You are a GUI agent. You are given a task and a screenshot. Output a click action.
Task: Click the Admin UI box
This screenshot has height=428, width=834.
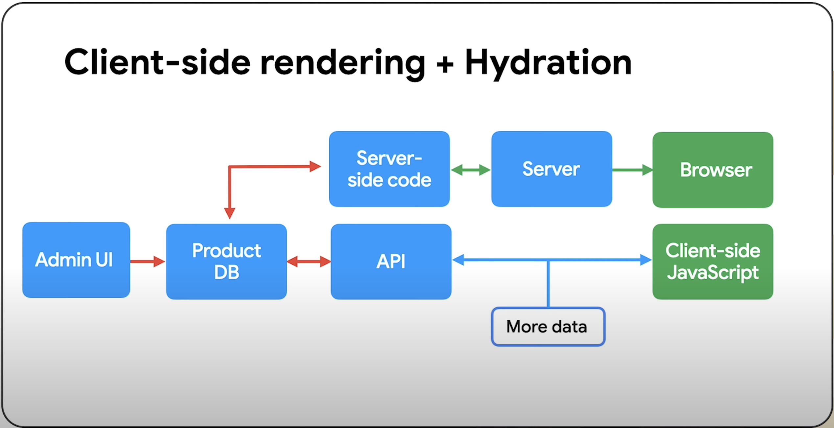click(76, 260)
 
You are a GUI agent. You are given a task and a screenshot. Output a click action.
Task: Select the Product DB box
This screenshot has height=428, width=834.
click(226, 262)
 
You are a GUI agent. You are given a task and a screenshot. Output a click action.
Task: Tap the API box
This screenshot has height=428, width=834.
click(391, 262)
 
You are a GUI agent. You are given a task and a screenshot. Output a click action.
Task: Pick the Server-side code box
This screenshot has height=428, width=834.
click(389, 169)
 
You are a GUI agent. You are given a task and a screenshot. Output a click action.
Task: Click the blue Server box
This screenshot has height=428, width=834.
click(552, 169)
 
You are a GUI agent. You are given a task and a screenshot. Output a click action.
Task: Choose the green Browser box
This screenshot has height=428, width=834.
click(713, 170)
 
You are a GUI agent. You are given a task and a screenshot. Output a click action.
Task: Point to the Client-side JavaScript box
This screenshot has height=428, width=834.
click(713, 262)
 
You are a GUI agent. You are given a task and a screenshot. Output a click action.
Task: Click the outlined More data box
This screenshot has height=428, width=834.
click(548, 327)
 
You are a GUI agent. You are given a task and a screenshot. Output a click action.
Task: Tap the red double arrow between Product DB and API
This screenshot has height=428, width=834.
click(309, 262)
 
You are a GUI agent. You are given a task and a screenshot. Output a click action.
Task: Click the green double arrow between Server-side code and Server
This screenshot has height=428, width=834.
click(471, 170)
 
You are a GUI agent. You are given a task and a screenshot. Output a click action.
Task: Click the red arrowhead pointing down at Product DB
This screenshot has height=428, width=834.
click(229, 213)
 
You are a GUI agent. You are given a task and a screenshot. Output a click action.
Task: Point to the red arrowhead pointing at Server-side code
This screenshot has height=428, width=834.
click(315, 166)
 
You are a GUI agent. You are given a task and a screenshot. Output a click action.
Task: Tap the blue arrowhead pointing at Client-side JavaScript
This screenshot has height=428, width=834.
click(646, 260)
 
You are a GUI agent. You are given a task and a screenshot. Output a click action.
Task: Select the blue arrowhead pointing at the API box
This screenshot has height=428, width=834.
click(458, 260)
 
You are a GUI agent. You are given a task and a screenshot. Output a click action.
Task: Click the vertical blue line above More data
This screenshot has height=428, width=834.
click(548, 284)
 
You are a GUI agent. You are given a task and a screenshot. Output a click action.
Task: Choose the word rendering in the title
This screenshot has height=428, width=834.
click(343, 64)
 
